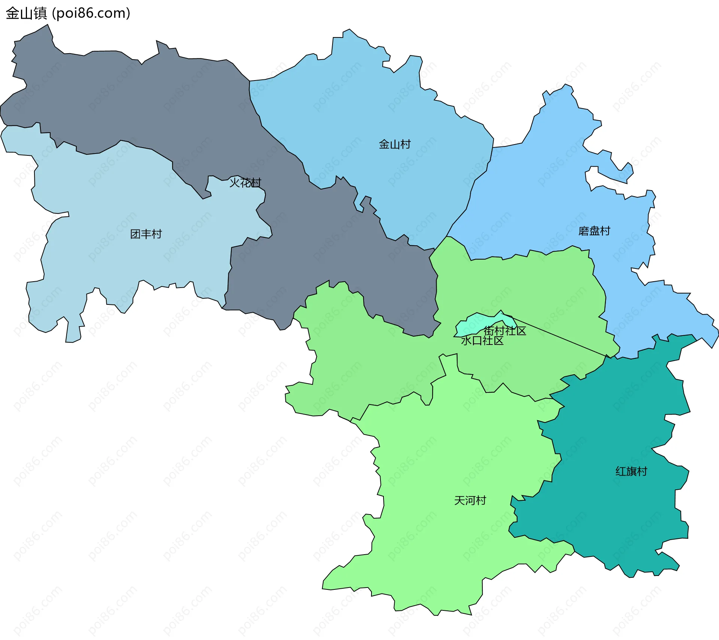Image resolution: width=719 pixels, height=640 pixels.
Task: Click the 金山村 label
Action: [x=394, y=144]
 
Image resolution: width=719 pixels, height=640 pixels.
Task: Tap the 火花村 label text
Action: [x=245, y=183]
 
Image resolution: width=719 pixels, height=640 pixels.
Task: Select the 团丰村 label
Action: [x=146, y=234]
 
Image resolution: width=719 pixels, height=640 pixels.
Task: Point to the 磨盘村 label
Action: [x=594, y=231]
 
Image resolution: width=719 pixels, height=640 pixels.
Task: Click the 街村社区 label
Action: [x=505, y=331]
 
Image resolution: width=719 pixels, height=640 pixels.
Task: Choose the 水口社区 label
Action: [x=482, y=340]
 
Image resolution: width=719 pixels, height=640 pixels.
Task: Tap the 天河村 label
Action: [x=470, y=500]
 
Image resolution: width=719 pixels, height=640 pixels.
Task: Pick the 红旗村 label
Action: [x=631, y=471]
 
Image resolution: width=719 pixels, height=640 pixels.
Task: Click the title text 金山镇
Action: [x=26, y=13]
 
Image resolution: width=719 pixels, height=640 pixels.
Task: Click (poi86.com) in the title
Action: [x=91, y=13]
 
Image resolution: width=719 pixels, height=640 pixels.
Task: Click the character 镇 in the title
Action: [x=40, y=13]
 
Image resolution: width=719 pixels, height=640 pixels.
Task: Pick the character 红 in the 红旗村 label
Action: [x=621, y=471]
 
